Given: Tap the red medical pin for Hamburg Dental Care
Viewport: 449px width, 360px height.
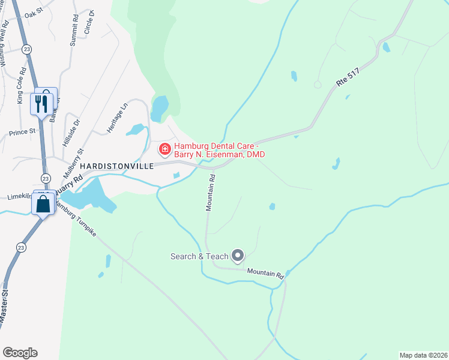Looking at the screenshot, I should point(163,148).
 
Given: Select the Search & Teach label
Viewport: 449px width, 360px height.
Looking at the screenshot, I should point(199,257).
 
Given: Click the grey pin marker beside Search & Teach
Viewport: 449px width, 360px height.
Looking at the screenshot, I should point(238,256).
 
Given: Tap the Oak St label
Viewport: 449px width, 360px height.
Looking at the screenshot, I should point(35,11).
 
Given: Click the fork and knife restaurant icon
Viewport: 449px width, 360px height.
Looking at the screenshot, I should point(41,104).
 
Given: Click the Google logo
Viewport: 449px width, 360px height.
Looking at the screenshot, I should point(20,353).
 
